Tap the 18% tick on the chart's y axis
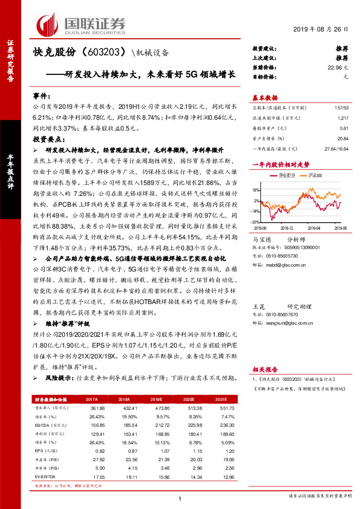tap(257, 184)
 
